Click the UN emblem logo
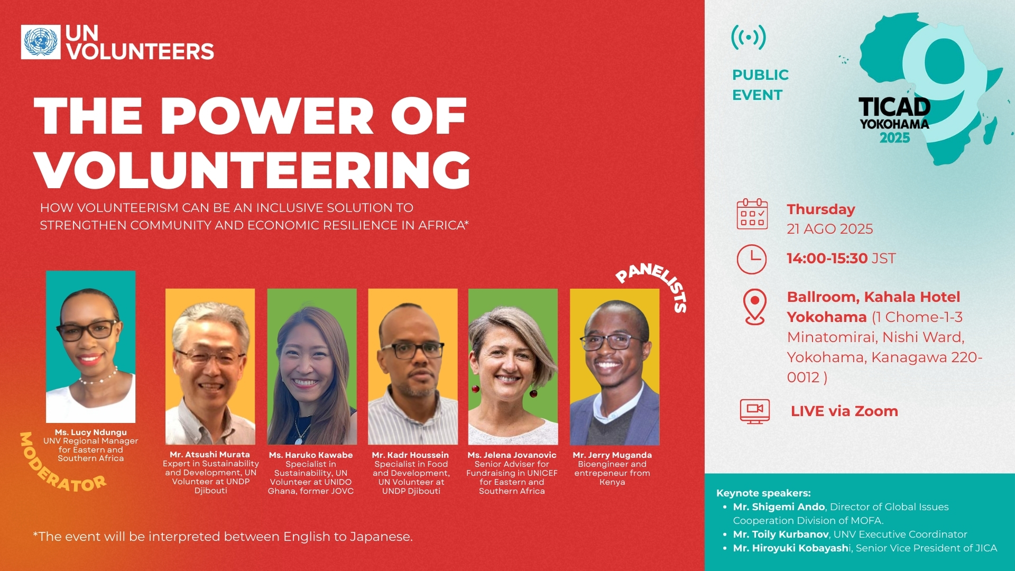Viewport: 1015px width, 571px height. [x=41, y=42]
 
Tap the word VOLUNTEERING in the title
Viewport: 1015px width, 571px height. [x=253, y=169]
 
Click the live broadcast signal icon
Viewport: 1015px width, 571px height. [x=749, y=38]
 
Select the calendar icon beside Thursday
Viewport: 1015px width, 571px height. [x=752, y=214]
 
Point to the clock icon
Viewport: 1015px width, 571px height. [x=752, y=259]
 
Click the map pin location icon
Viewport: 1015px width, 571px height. [x=754, y=307]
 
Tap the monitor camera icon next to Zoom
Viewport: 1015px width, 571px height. [x=755, y=411]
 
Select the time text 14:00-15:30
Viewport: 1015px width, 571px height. [x=827, y=259]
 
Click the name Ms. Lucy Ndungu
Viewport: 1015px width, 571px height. [x=91, y=432]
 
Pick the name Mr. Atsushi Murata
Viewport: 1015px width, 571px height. [x=210, y=455]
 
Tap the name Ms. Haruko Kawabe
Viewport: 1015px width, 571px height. [x=311, y=455]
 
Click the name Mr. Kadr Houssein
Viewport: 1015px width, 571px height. [x=410, y=455]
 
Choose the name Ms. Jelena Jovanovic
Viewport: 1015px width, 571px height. [x=512, y=455]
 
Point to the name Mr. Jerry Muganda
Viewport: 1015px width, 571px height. [x=612, y=455]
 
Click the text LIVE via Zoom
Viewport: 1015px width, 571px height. [x=844, y=411]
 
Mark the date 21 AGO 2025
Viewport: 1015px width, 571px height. [x=830, y=229]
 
